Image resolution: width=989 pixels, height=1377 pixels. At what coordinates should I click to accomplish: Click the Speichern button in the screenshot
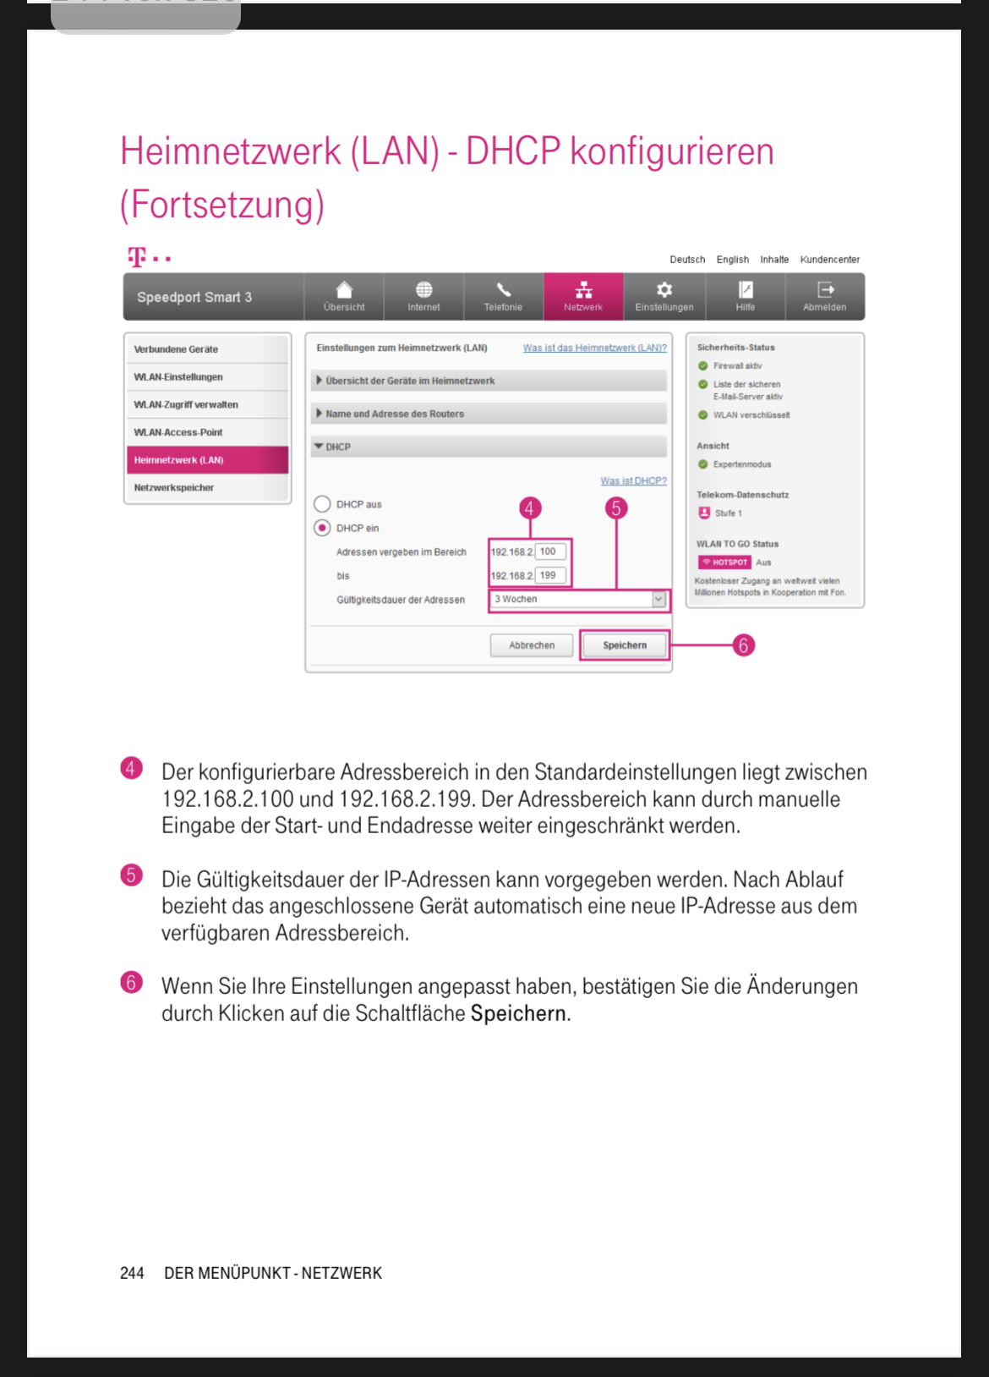(625, 645)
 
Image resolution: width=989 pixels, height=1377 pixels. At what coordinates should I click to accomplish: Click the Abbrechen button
(532, 645)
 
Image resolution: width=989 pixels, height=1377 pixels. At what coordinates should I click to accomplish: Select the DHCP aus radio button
(322, 504)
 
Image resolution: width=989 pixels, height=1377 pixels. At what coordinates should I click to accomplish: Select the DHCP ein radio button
(322, 528)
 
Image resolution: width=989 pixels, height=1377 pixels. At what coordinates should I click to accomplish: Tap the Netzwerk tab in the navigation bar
(583, 297)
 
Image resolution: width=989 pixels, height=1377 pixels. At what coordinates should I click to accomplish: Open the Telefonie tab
(503, 297)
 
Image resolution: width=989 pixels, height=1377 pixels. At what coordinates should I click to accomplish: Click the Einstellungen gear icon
(664, 290)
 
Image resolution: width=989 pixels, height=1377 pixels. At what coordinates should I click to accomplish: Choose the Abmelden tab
(825, 297)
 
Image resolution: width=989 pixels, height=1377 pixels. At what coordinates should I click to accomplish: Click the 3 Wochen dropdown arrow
(658, 599)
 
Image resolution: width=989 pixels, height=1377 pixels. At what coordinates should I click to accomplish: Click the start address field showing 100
(549, 551)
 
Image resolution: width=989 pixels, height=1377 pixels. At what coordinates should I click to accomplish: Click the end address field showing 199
(549, 575)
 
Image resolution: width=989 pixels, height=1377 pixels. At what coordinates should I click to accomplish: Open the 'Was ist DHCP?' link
(633, 480)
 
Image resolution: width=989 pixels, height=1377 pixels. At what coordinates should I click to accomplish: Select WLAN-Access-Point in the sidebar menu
(178, 432)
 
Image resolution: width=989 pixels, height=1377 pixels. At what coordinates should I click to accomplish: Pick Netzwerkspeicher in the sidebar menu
(174, 487)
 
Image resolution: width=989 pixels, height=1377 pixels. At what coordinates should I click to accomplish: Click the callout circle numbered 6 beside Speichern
(743, 645)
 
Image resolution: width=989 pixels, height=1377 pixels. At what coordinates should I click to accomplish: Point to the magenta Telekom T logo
(137, 256)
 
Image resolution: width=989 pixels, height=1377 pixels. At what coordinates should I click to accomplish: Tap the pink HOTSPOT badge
(724, 562)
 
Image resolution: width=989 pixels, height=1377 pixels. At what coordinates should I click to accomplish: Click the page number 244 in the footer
(132, 1273)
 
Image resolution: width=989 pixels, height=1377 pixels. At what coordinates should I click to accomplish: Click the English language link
(732, 260)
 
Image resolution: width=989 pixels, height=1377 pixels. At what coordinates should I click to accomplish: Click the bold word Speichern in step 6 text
(518, 1013)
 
